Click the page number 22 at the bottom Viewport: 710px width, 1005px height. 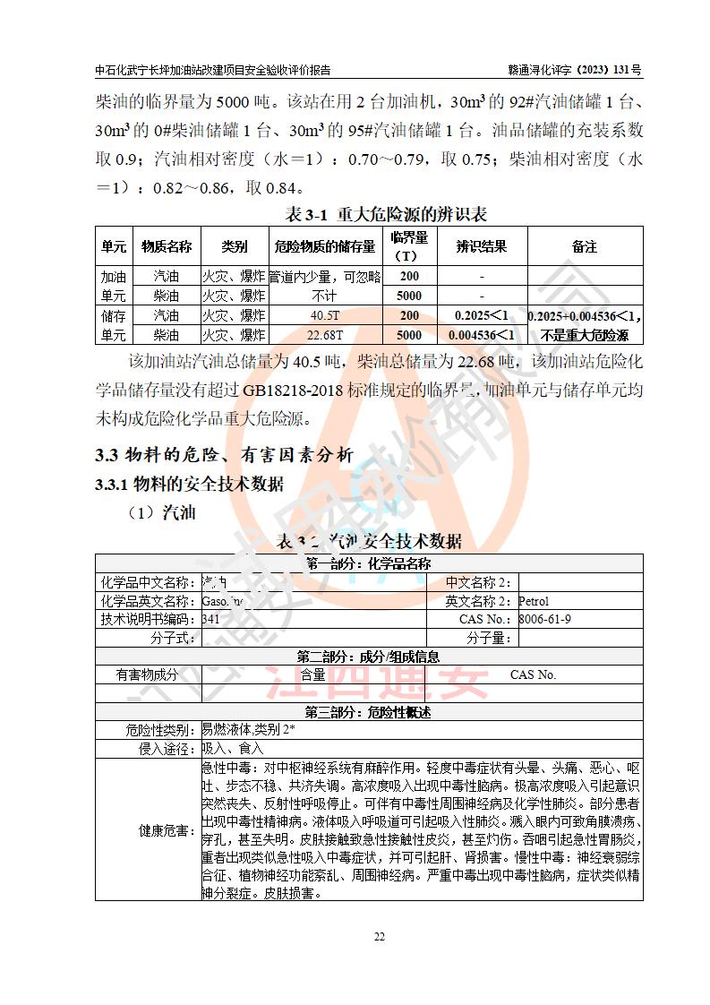[x=379, y=937]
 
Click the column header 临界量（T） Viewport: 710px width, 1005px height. [x=409, y=246]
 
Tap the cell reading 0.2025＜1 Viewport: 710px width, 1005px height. [x=482, y=315]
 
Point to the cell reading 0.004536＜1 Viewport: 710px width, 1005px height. [x=482, y=335]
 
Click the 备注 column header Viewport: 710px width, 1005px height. [x=584, y=246]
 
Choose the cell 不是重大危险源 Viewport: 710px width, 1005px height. [x=584, y=335]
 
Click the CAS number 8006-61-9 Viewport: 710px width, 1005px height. [x=545, y=619]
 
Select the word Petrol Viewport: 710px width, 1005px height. [x=534, y=601]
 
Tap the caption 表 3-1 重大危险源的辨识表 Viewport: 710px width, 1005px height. [x=385, y=214]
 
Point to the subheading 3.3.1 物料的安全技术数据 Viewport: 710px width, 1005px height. [x=189, y=484]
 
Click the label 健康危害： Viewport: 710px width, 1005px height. [x=167, y=830]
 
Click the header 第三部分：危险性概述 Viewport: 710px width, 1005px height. [x=368, y=712]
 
